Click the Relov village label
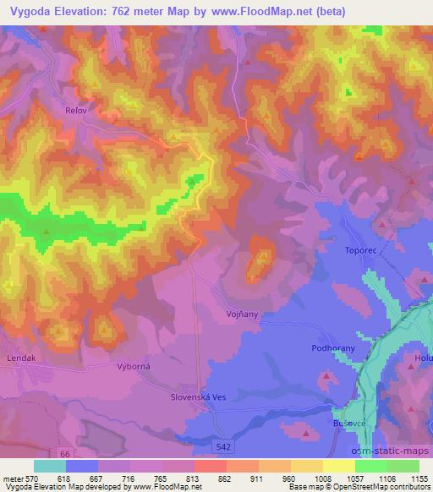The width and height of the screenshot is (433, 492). (x=76, y=109)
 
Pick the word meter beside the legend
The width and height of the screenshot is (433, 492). (x=13, y=478)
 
